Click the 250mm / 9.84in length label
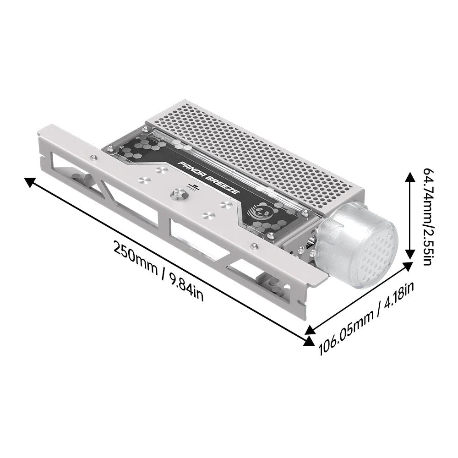pyautogui.click(x=158, y=270)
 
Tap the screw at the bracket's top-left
pyautogui.click(x=93, y=158)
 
